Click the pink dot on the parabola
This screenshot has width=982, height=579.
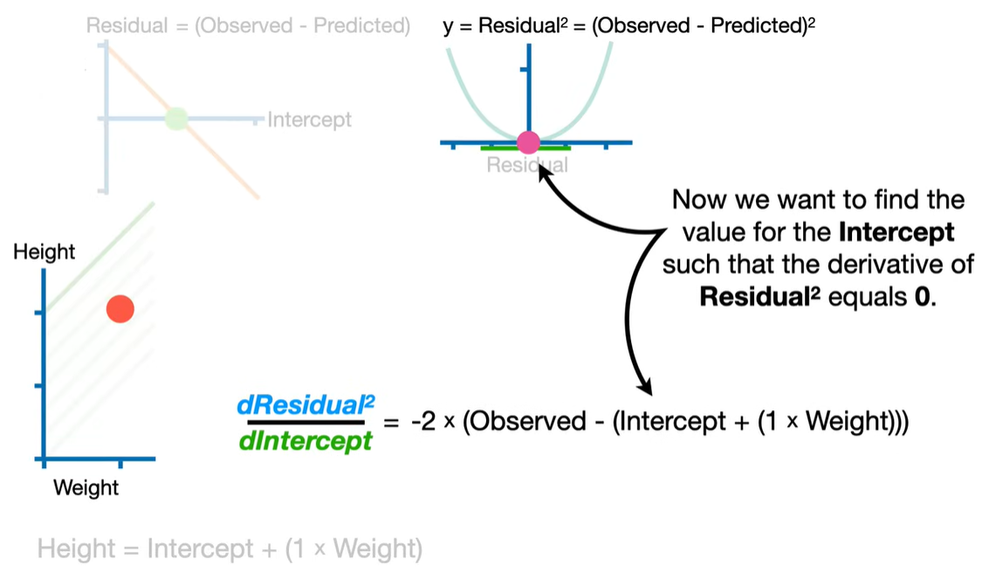pyautogui.click(x=528, y=142)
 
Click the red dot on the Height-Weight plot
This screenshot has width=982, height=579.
pyautogui.click(x=120, y=308)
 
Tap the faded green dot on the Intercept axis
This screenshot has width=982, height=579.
pyautogui.click(x=176, y=118)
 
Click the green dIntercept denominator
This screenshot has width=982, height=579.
pyautogui.click(x=306, y=441)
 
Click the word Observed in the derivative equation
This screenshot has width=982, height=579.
pyautogui.click(x=513, y=423)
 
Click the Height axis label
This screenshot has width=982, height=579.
pyautogui.click(x=45, y=252)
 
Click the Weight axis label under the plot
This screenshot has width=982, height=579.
pyautogui.click(x=86, y=487)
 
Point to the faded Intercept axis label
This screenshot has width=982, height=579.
pyautogui.click(x=310, y=119)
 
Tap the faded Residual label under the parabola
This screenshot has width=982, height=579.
pyautogui.click(x=527, y=165)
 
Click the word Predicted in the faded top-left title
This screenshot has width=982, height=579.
pyautogui.click(x=358, y=25)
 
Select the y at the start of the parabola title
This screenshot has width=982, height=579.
pyautogui.click(x=448, y=26)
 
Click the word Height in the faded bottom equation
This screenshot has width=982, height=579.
pyautogui.click(x=76, y=549)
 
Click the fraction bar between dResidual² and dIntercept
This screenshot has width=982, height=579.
pyautogui.click(x=306, y=423)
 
